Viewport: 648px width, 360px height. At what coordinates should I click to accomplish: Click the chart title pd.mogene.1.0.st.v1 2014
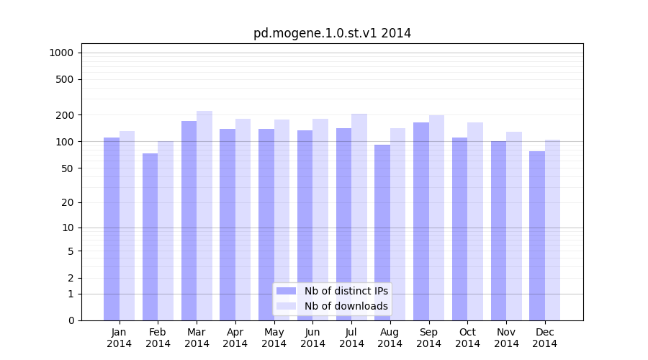[x=332, y=33]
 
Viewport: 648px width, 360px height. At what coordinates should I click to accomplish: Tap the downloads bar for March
[x=204, y=216]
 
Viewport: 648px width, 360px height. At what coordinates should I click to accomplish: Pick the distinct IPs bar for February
[x=150, y=237]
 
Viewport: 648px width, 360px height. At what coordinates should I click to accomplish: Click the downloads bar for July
[x=359, y=217]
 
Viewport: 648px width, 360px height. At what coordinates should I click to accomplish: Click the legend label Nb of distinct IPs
[x=346, y=291]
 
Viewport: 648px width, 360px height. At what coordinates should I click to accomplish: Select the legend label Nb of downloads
[x=346, y=306]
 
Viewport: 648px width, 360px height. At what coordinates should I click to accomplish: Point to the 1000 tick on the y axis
[x=61, y=53]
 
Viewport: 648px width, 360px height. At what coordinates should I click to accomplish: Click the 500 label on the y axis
[x=65, y=79]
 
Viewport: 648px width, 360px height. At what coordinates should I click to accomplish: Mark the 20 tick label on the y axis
[x=68, y=202]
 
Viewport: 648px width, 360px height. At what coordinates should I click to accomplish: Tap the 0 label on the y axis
[x=71, y=320]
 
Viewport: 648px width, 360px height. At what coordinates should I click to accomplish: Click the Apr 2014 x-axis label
[x=235, y=338]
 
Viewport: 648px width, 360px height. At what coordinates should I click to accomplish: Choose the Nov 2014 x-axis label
[x=506, y=338]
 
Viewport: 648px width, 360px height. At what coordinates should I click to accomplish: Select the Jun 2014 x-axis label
[x=312, y=338]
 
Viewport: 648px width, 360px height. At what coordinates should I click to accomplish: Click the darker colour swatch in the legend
[x=286, y=291]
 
